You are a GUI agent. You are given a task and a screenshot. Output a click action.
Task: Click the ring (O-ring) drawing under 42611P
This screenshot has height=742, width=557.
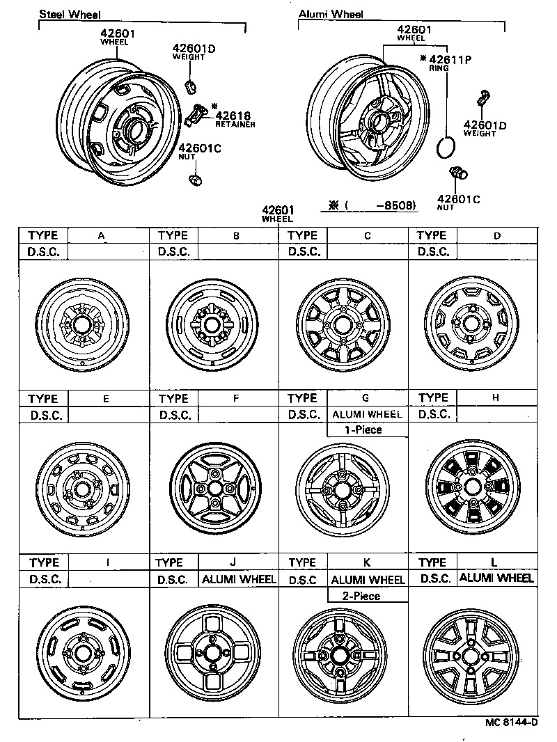[444, 148]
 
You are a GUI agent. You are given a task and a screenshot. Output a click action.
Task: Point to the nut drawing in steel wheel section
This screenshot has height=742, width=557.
[195, 180]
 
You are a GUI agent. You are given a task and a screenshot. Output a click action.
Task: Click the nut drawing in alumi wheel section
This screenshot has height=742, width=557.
[458, 174]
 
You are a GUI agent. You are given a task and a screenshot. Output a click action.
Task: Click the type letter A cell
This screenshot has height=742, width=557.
[102, 236]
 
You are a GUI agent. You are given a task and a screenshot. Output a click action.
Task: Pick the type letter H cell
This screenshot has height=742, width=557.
[496, 398]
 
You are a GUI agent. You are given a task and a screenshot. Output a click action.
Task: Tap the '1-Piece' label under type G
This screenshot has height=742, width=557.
[363, 430]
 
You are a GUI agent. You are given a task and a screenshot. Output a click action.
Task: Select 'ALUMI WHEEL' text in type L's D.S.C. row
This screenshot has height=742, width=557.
[496, 578]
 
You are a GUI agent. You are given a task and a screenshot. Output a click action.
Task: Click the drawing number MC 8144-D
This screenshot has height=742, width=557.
[511, 722]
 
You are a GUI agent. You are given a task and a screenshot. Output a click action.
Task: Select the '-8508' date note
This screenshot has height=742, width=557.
[395, 205]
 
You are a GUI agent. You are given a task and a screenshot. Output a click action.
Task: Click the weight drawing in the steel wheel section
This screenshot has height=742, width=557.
[190, 87]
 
